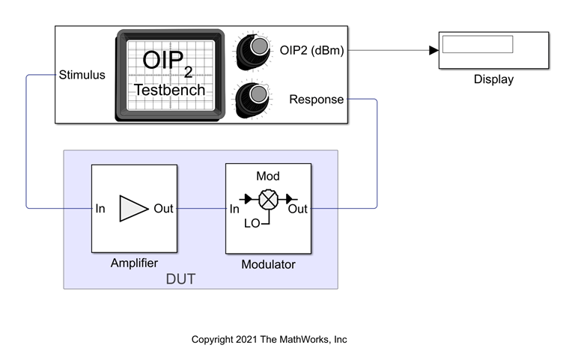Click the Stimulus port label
(82, 75)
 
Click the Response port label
(316, 100)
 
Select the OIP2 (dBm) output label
(317, 50)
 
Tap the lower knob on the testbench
(257, 96)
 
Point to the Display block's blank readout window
(477, 44)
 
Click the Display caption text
(493, 79)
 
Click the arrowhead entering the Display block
(433, 51)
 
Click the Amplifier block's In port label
(100, 209)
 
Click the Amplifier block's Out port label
(163, 209)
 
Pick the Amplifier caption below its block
(134, 263)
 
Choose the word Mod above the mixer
(268, 177)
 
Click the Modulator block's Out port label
(298, 209)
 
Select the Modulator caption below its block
(268, 265)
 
